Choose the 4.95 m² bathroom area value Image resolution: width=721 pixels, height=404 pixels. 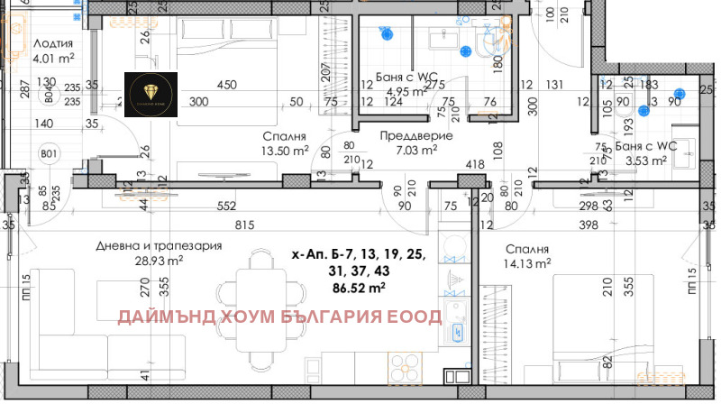pyautogui.click(x=403, y=91)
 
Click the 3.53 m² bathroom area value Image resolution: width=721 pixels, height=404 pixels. pyautogui.click(x=647, y=161)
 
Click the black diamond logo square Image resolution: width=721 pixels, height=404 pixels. pyautogui.click(x=151, y=93)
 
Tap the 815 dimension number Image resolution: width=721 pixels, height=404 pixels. pyautogui.click(x=260, y=225)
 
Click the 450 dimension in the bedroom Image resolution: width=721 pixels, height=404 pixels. pyautogui.click(x=226, y=86)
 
